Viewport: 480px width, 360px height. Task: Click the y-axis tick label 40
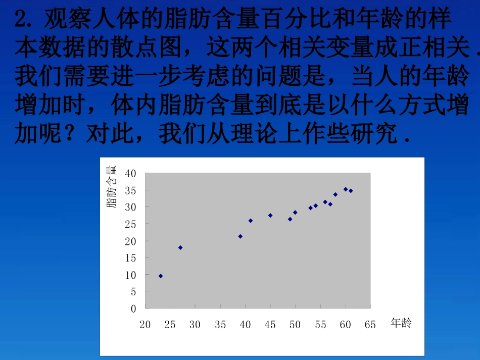pos(130,173)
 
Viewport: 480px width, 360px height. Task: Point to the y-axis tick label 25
pos(130,224)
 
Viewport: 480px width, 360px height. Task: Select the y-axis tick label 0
pos(133,308)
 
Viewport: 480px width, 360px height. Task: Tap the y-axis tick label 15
pos(130,258)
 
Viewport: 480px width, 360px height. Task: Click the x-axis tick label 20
pos(145,325)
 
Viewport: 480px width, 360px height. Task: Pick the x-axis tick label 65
pos(370,325)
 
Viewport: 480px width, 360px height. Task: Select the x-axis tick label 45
pos(270,325)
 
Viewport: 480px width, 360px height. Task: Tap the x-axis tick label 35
pos(220,325)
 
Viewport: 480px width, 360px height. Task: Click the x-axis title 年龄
pos(401,323)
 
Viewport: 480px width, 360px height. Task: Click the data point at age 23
pos(161,276)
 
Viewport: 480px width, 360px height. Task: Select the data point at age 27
pos(180,247)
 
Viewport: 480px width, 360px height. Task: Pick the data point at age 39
pos(241,236)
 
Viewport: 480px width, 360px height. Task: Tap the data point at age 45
pos(270,215)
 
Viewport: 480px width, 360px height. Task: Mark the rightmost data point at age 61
pos(351,191)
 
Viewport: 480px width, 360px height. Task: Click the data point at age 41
pos(251,221)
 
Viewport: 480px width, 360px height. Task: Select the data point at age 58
pos(335,194)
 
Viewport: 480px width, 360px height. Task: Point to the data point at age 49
pos(290,219)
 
